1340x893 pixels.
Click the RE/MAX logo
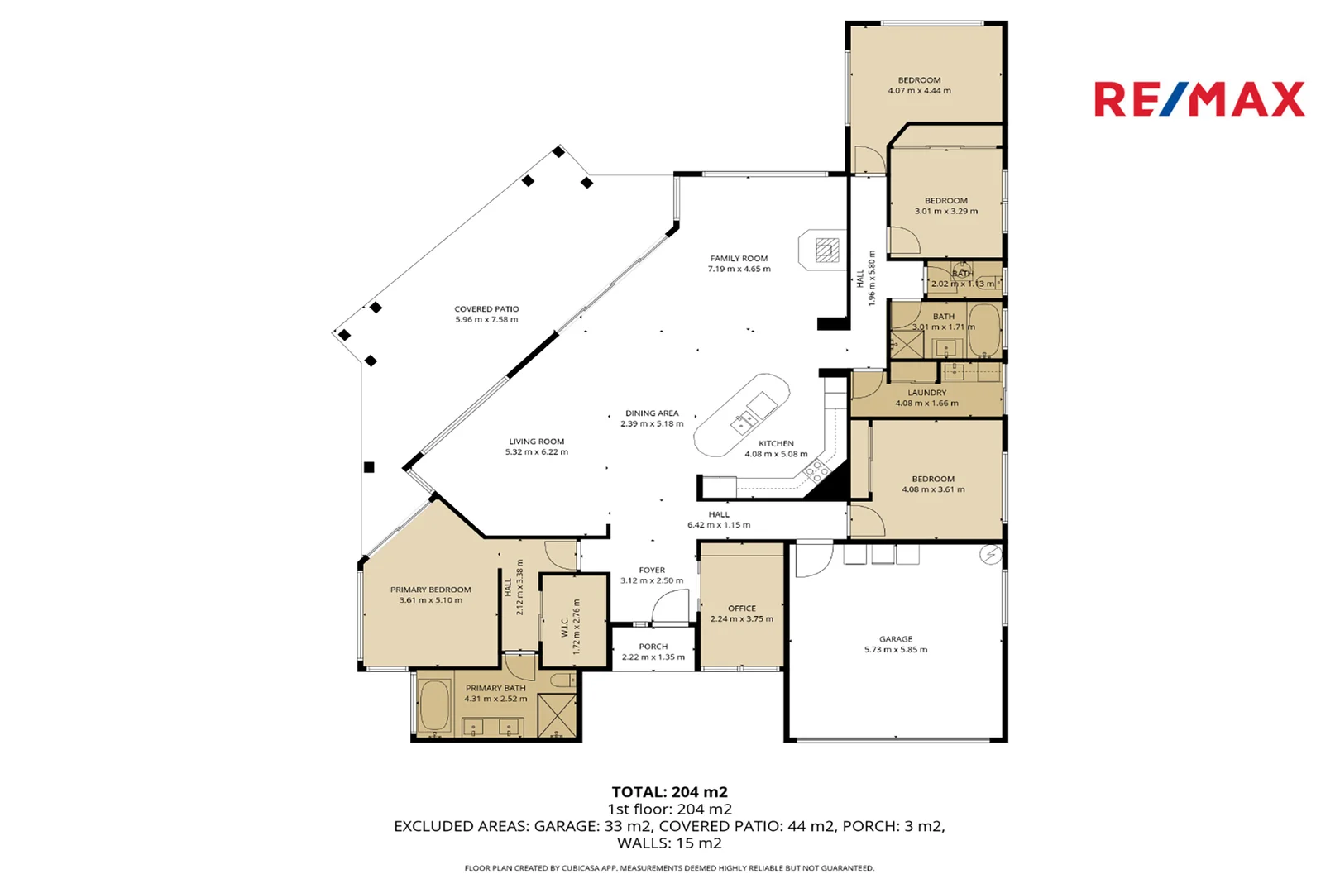1199,99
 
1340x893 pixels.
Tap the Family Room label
739,259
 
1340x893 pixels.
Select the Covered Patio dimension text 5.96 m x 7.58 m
486,320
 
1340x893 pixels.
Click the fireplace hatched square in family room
826,250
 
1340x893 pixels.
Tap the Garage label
896,639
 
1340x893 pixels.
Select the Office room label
741,609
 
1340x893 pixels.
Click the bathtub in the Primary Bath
434,705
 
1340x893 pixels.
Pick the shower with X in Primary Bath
556,715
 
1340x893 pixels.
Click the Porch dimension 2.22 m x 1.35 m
653,657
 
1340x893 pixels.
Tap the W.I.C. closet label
565,627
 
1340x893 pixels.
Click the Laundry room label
926,394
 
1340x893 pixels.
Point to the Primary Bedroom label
430,590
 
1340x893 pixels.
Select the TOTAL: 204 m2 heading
669,792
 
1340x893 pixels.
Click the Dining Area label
652,413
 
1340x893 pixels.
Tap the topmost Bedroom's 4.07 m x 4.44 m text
919,91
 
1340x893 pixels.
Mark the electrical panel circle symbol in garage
989,555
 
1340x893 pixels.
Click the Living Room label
536,442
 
